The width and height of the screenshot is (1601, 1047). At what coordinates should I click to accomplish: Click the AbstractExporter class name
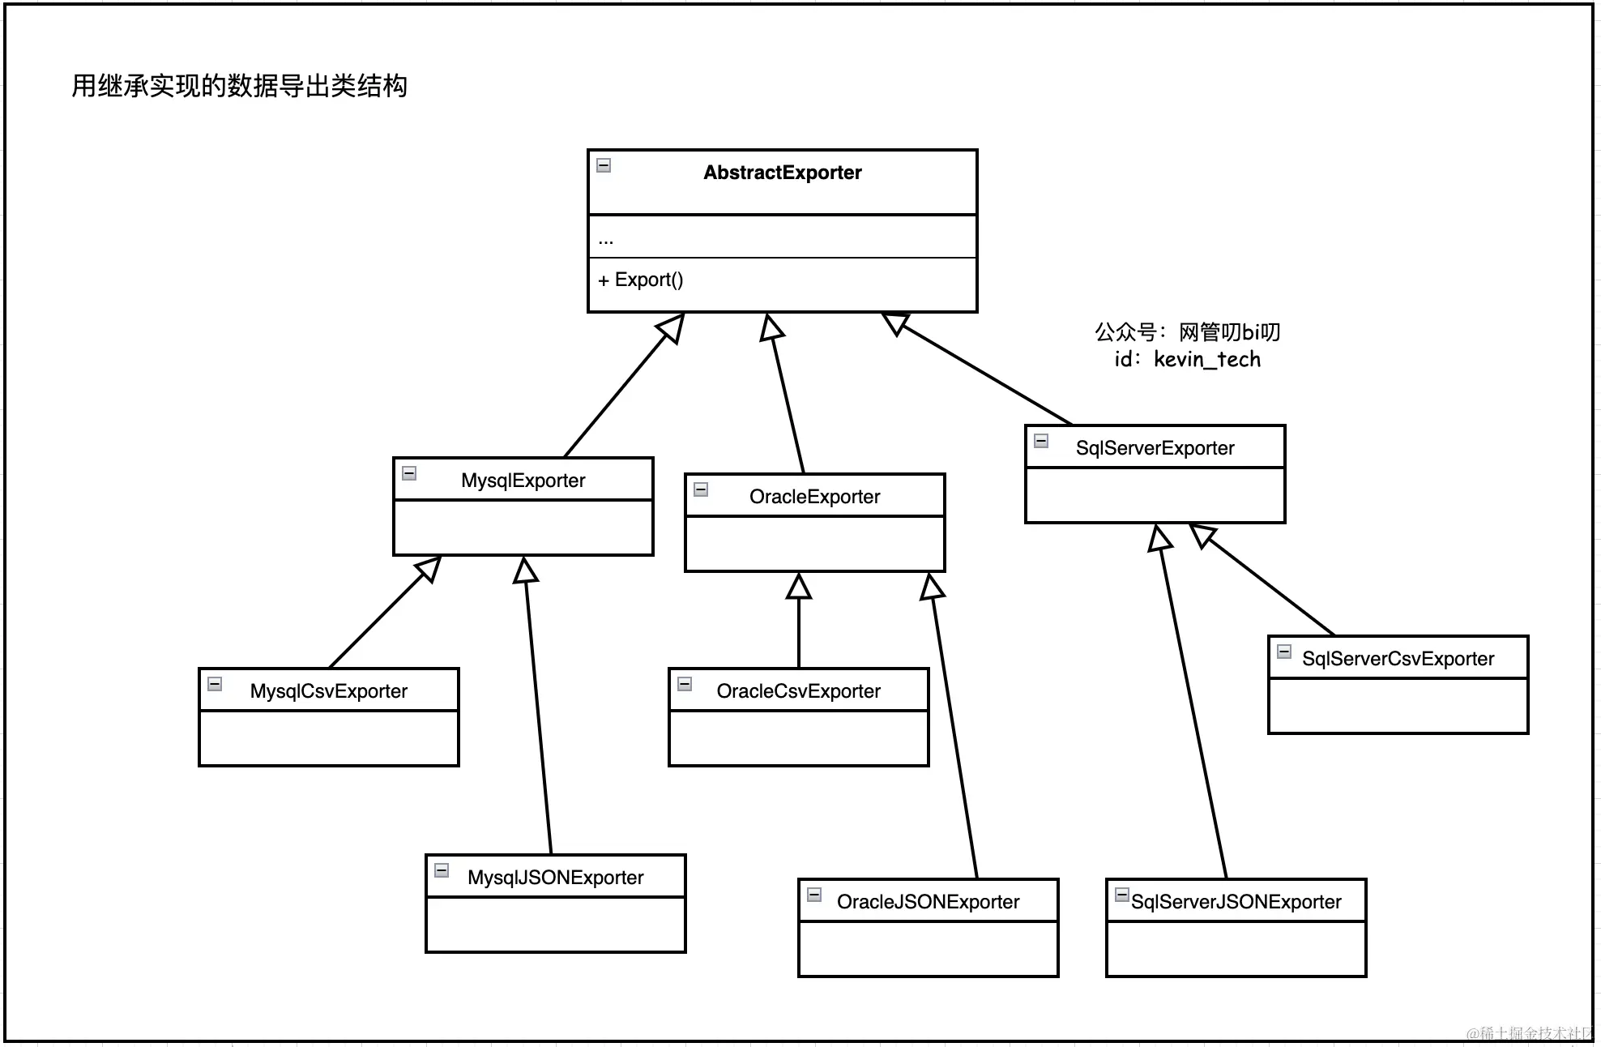click(782, 173)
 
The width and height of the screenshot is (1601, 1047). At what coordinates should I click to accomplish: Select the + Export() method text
click(640, 280)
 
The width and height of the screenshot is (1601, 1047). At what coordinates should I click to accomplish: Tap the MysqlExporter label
click(523, 481)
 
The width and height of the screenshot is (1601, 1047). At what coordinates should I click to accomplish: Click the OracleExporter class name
click(814, 497)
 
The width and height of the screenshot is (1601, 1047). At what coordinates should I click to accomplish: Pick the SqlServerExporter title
click(1155, 448)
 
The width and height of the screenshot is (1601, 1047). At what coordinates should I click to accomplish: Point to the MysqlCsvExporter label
click(328, 691)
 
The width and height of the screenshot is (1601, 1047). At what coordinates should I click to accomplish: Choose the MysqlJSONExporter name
click(555, 878)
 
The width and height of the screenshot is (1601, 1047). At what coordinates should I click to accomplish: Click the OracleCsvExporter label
click(798, 691)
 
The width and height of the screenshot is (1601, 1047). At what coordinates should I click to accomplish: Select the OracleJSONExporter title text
click(928, 902)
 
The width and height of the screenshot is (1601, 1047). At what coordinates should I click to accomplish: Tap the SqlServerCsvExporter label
click(1398, 659)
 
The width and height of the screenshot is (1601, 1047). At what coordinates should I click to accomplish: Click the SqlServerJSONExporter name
click(1236, 902)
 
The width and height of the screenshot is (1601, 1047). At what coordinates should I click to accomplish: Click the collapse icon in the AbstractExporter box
click(604, 165)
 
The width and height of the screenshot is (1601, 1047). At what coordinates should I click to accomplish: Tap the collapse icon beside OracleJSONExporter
click(814, 895)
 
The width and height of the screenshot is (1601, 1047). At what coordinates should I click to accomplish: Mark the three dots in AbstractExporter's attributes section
click(606, 241)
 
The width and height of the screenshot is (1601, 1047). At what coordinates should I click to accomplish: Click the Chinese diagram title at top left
click(239, 86)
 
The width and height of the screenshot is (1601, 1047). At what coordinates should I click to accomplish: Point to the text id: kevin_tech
click(1187, 359)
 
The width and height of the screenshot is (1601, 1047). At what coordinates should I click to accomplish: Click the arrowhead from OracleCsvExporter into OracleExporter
click(799, 587)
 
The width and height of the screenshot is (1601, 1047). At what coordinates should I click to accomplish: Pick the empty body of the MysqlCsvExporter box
click(328, 737)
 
